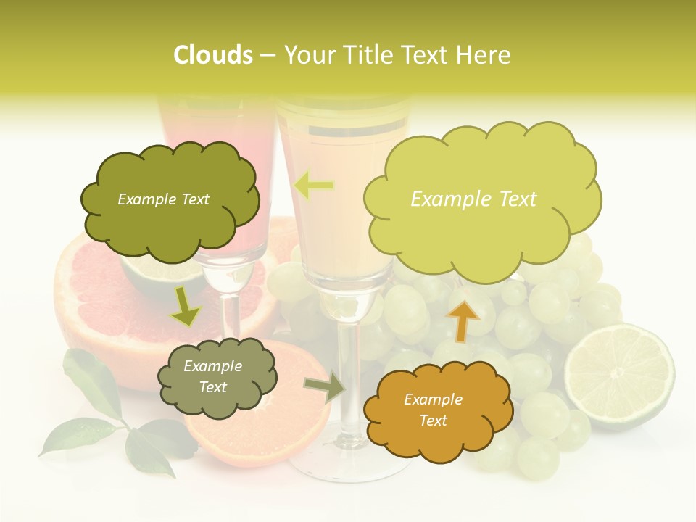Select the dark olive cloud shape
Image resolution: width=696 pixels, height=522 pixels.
[168, 200]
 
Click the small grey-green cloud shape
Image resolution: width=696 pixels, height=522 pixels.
[215, 377]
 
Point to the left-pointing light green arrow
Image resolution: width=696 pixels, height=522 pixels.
[314, 186]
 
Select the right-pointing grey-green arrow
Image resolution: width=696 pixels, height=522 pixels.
[324, 387]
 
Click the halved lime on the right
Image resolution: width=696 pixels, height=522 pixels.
[619, 376]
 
